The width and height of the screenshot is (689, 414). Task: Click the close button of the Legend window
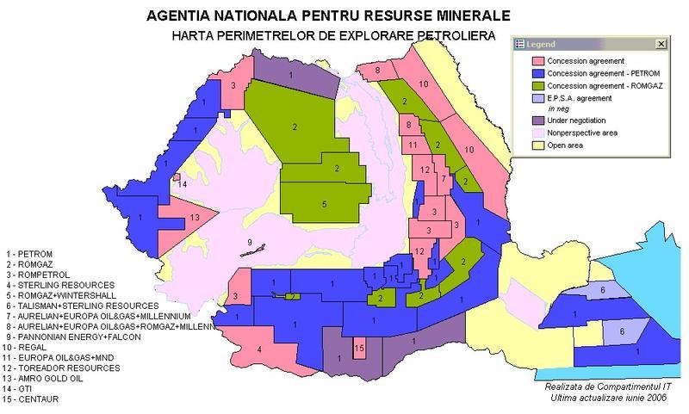tap(661, 44)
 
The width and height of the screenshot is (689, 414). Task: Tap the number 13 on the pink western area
tap(196, 217)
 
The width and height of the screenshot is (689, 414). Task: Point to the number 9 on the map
tap(250, 242)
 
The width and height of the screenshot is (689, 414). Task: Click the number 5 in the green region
tap(324, 204)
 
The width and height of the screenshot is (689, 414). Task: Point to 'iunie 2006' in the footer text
tap(643, 397)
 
